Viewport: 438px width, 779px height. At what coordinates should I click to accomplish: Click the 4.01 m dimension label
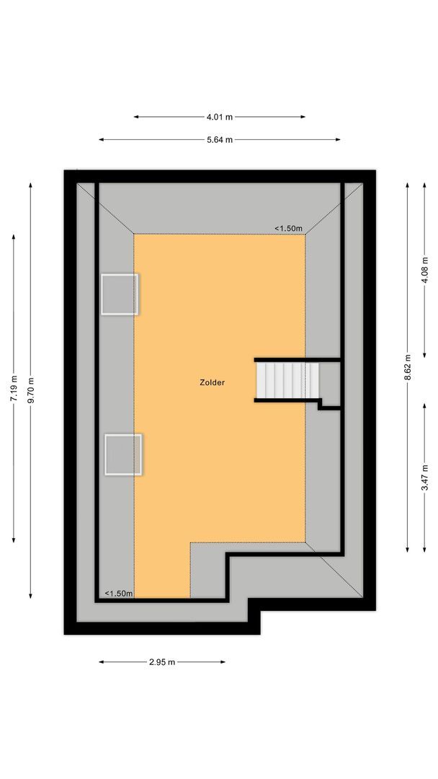pos(219,117)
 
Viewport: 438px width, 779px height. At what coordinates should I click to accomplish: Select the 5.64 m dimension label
pos(219,140)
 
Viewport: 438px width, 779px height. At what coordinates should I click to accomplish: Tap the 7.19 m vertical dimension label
pos(14,389)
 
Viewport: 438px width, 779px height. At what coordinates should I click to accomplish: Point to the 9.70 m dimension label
pos(30,389)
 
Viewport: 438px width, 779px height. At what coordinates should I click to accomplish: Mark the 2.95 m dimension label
pos(162,662)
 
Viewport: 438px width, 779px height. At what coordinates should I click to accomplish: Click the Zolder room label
pos(213,383)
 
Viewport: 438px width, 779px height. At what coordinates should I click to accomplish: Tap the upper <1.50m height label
pos(288,229)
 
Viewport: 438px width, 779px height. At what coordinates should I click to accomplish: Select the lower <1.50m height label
pos(119,594)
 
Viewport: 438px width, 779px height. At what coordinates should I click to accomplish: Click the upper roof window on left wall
pos(120,294)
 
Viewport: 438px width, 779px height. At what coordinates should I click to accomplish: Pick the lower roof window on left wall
pos(123,454)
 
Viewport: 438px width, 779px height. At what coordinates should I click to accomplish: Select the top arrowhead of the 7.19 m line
pos(14,236)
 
